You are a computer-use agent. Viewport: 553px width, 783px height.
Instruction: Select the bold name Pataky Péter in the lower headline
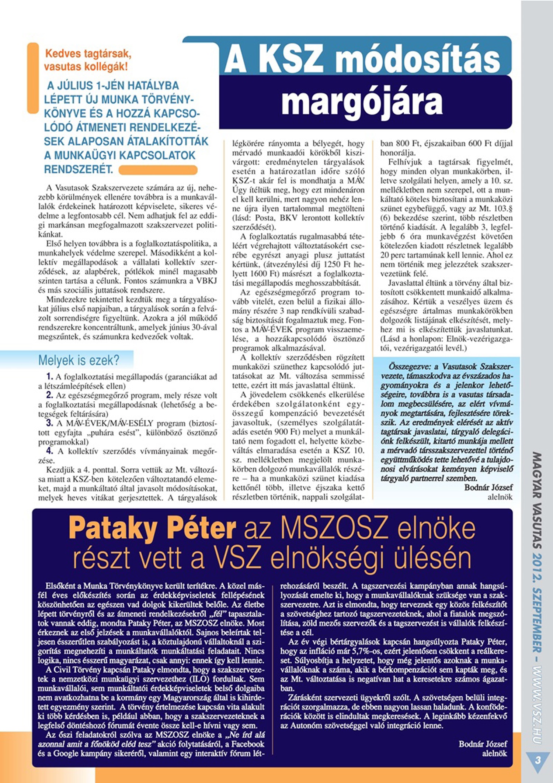152,528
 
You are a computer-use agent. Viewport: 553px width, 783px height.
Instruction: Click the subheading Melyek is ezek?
79,360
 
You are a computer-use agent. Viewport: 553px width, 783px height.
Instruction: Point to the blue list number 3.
50,423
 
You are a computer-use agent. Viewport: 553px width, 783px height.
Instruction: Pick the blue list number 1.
50,376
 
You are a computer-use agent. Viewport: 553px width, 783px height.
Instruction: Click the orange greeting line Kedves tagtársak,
88,54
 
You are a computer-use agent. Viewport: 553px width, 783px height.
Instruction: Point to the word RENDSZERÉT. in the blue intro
79,169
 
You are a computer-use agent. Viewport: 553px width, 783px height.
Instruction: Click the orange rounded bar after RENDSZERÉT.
158,170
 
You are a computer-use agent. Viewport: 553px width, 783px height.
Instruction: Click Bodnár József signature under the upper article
488,487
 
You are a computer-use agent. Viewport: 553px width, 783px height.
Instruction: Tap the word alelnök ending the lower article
494,753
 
